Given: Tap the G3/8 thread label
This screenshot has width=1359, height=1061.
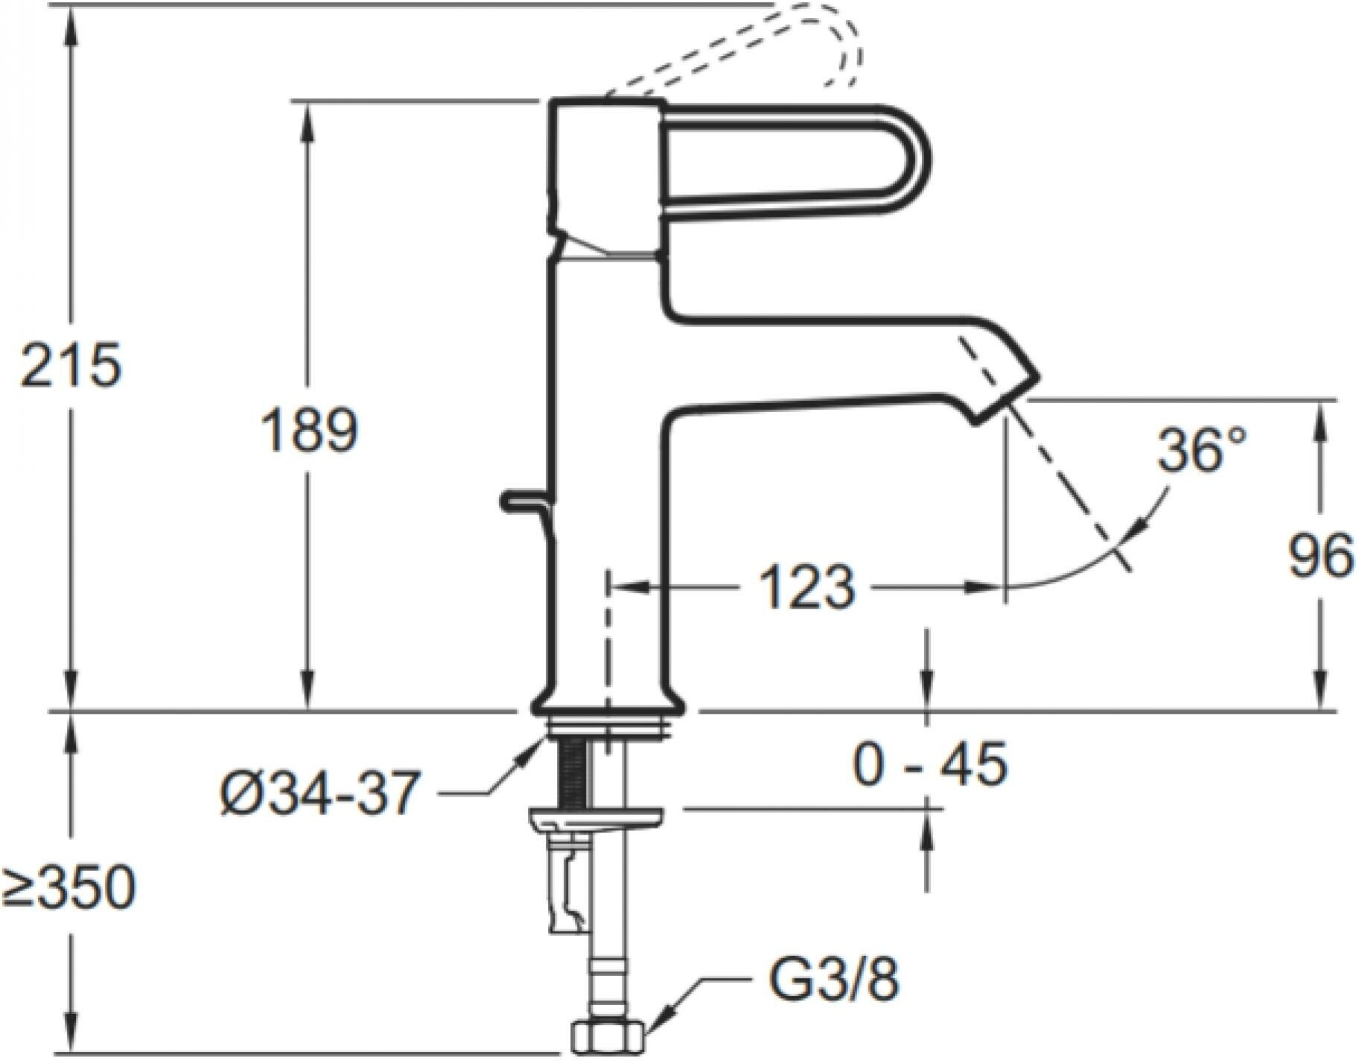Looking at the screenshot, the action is tap(833, 981).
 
